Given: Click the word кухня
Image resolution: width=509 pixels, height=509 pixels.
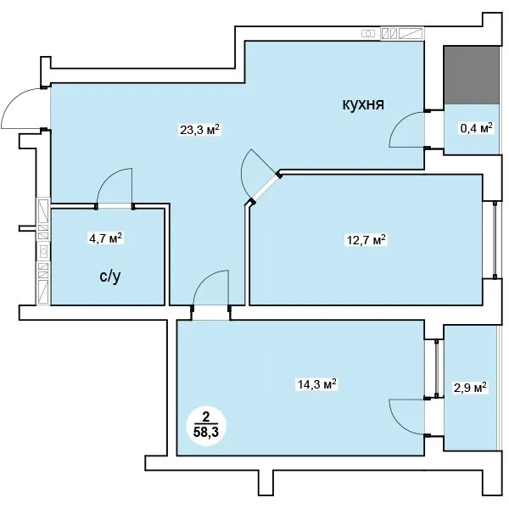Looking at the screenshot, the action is point(363,105).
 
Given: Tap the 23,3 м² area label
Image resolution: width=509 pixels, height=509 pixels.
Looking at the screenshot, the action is point(200,130).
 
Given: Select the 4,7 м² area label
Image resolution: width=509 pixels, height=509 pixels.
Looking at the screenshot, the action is point(106,238).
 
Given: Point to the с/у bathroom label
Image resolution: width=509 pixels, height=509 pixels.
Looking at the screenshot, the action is point(110,277).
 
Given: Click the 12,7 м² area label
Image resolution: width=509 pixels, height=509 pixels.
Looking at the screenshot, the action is point(365,240).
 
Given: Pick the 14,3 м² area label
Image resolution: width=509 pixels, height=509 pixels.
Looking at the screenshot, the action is point(316,384).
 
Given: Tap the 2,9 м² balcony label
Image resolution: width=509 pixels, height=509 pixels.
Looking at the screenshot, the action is point(470,388).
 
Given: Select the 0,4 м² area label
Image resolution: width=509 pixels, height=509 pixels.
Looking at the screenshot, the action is point(477,128).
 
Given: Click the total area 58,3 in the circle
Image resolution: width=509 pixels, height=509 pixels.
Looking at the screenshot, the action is point(206,433).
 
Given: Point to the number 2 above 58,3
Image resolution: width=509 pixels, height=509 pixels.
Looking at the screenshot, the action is point(206,417).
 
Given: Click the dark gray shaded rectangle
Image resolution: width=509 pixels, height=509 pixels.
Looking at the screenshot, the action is point(472,76).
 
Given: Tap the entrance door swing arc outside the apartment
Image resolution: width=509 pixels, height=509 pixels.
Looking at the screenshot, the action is point(13,98).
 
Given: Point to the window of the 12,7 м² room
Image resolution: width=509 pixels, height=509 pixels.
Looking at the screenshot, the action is point(495,240).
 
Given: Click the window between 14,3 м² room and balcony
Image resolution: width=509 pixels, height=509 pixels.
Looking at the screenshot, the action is point(437,368).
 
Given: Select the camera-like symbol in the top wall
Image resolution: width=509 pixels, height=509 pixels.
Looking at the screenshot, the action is point(368,33).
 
